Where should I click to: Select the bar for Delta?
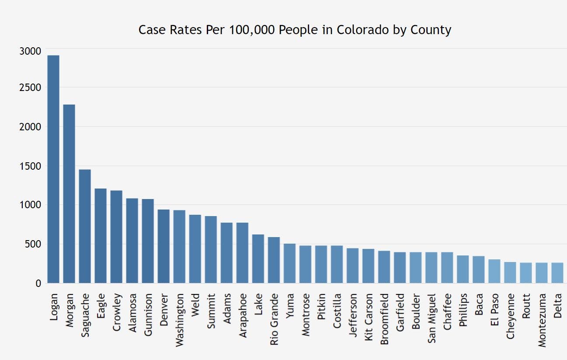pyautogui.click(x=557, y=273)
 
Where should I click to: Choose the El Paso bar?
pyautogui.click(x=494, y=271)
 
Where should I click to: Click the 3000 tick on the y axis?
pyautogui.click(x=30, y=51)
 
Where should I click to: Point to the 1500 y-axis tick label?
pyautogui.click(x=30, y=166)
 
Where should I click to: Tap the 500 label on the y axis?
pyautogui.click(x=33, y=244)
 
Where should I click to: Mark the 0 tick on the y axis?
pyautogui.click(x=38, y=283)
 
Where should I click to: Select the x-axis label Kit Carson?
pyautogui.click(x=369, y=315)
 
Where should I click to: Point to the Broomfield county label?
pyautogui.click(x=384, y=316)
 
